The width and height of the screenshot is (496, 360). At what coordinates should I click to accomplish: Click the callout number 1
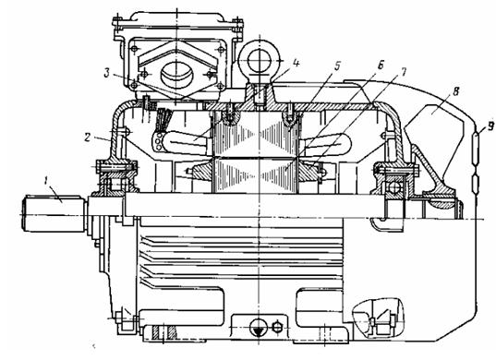click(x=46, y=182)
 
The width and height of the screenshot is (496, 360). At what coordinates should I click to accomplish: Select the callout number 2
click(x=89, y=138)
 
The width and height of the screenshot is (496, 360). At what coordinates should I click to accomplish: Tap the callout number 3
click(x=107, y=73)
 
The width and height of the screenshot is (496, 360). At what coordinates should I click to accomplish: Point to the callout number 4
click(x=296, y=63)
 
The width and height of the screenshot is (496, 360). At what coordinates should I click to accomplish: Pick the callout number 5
click(x=337, y=66)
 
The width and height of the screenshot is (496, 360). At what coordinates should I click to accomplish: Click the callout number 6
click(x=381, y=66)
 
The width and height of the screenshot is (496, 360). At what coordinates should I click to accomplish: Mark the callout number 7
click(x=403, y=72)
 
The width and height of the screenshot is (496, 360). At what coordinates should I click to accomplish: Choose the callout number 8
click(x=455, y=91)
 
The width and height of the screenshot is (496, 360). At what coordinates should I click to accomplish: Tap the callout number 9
click(x=490, y=126)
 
